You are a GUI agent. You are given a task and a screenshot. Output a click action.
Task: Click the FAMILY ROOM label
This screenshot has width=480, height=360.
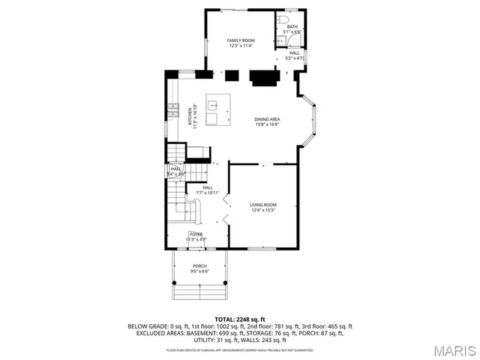tap(241, 40)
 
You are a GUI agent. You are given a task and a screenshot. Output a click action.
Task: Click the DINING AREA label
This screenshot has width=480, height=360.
tap(268, 119)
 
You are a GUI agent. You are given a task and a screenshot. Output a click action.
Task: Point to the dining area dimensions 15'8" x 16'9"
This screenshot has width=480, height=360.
tap(268, 124)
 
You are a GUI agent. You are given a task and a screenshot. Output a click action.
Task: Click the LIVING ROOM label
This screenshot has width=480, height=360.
tap(263, 205)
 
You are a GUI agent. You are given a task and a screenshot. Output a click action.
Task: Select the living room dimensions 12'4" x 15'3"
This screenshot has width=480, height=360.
tap(263, 210)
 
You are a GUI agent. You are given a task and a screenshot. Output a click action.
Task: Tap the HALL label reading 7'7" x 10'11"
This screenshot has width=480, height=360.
tap(207, 187)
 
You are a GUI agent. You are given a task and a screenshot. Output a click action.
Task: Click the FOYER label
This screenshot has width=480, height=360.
tap(196, 235)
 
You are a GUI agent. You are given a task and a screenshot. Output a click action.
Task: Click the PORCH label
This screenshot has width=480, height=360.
tap(199, 265)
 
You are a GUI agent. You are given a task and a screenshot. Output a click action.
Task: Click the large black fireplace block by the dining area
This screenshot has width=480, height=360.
tap(262, 76)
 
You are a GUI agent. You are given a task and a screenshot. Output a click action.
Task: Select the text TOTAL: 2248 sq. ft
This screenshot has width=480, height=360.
tap(240, 319)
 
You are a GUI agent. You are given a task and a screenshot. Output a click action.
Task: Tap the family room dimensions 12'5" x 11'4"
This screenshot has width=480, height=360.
tap(241, 46)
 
